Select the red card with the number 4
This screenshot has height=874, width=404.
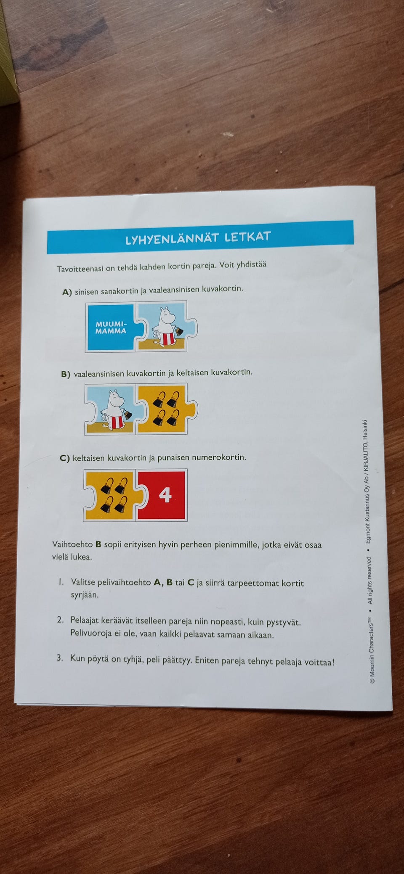pyautogui.click(x=162, y=495)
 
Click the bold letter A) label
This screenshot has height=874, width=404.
pyautogui.click(x=67, y=292)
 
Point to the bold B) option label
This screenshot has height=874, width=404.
pyautogui.click(x=66, y=375)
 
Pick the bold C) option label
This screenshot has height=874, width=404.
pyautogui.click(x=65, y=458)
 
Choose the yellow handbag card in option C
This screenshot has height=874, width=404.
pyautogui.click(x=112, y=495)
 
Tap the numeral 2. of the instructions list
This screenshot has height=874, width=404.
pyautogui.click(x=60, y=620)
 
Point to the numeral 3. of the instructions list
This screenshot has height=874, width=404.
pyautogui.click(x=60, y=657)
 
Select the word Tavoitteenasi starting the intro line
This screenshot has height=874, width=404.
pyautogui.click(x=80, y=268)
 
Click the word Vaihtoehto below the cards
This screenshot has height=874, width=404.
pyautogui.click(x=72, y=544)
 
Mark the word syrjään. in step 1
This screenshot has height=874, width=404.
pyautogui.click(x=85, y=595)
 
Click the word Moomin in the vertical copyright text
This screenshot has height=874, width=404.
pyautogui.click(x=372, y=659)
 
